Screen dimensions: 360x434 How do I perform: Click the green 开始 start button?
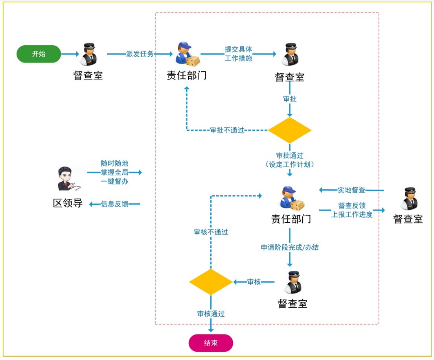coord(39,54)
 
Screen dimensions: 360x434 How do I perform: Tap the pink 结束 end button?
coord(211,343)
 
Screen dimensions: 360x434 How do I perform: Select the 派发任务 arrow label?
coord(140,54)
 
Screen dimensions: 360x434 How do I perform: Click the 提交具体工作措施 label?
coord(238,54)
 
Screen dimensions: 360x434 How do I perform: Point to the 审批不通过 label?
coord(227,130)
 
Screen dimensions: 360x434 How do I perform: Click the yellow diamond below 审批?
coord(290,130)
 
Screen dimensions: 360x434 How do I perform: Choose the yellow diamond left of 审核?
coord(211,282)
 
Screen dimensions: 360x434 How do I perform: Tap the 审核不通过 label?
coord(211,232)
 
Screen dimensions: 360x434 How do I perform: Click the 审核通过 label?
coord(211,314)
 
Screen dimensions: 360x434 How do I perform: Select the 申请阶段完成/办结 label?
coord(290,247)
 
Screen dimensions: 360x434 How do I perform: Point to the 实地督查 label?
coord(351,190)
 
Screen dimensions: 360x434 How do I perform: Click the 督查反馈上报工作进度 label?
coord(351,210)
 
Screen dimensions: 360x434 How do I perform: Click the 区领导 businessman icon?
coord(68,179)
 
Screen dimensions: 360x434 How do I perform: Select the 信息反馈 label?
coord(114,204)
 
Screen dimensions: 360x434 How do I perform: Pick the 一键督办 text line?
coord(114,181)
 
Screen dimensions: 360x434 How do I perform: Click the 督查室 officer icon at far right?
coord(408,199)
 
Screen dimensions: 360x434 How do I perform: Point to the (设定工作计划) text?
coord(290,164)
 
